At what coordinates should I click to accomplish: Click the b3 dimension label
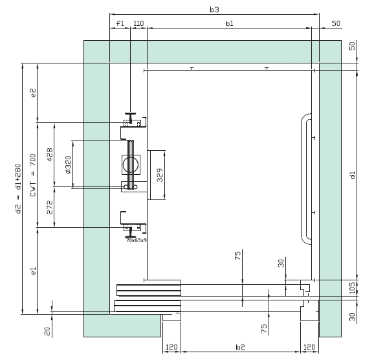[x=214, y=10]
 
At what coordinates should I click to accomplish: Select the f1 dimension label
[x=120, y=23]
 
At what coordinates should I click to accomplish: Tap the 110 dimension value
[x=138, y=23]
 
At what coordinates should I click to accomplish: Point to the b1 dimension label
[x=229, y=23]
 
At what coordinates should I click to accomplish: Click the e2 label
[x=34, y=93]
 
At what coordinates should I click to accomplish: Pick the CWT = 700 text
[x=33, y=175]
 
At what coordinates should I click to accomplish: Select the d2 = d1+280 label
[x=18, y=188]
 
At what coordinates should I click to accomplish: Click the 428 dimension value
[x=50, y=155]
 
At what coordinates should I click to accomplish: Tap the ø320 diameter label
[x=68, y=164]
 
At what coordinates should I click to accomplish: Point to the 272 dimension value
[x=50, y=207]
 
